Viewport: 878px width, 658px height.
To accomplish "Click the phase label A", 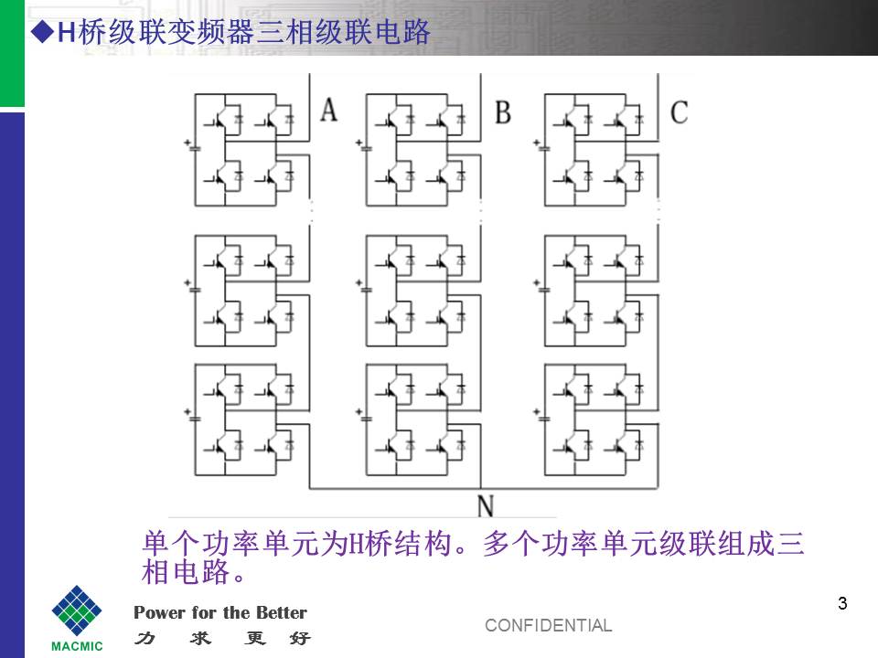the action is (328, 110).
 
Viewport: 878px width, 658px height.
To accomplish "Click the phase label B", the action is (503, 111).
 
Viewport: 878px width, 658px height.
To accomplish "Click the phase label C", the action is (680, 112).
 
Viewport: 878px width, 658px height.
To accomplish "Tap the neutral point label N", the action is (486, 505).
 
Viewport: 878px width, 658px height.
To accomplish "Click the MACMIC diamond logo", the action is (77, 610).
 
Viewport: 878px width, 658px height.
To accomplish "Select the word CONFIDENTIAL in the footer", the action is (548, 625).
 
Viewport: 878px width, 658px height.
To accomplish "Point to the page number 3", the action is (842, 603).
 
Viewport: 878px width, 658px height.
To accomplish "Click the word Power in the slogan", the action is (159, 612).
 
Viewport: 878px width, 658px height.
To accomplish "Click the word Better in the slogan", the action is (282, 612).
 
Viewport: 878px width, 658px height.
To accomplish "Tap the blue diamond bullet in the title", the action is (41, 33).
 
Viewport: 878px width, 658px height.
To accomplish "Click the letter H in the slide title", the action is (67, 33).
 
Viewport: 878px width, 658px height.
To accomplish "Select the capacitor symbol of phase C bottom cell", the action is (541, 416).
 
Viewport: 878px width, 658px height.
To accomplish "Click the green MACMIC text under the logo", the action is (77, 646).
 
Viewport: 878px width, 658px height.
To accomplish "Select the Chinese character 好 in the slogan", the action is (300, 637).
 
